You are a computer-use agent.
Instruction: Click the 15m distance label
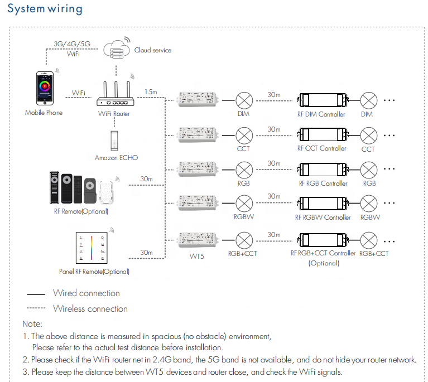click(150, 91)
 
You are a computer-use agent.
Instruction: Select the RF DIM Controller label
click(321, 114)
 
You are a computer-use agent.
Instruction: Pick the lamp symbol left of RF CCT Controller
click(243, 134)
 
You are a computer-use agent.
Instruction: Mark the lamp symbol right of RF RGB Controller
click(369, 170)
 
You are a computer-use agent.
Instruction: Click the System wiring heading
click(45, 9)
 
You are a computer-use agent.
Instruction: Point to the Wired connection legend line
click(36, 293)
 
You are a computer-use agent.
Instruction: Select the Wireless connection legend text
click(90, 308)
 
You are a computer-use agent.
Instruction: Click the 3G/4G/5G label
click(73, 43)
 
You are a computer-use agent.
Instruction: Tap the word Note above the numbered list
click(32, 323)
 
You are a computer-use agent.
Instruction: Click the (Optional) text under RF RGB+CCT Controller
click(323, 263)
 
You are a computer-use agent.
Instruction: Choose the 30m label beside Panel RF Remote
click(146, 253)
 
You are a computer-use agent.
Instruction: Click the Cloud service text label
click(152, 50)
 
